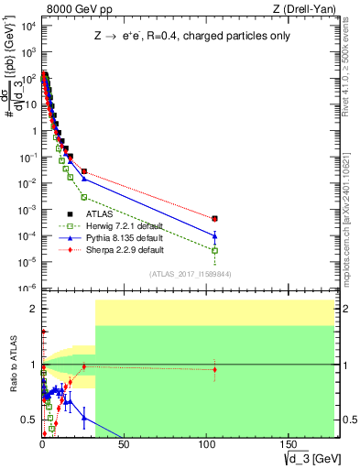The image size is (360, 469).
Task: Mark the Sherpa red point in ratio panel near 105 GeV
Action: (x=214, y=369)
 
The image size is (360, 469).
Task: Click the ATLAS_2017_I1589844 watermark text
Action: (x=190, y=272)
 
